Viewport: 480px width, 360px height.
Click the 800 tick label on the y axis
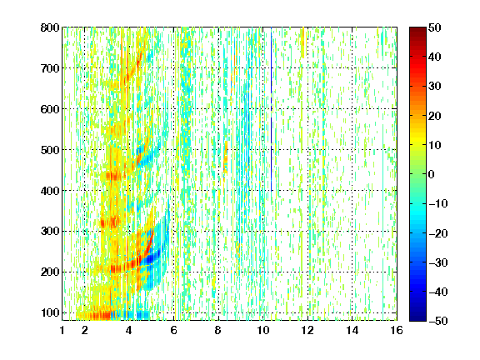50,27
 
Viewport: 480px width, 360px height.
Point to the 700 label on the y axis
50,68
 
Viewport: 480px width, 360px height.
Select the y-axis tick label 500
50,150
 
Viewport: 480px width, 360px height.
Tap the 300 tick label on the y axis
50,232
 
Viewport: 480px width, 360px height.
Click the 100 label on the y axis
50,312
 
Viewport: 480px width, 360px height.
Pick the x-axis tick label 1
62,330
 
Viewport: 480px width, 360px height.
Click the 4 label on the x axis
129,330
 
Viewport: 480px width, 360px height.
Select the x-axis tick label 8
218,330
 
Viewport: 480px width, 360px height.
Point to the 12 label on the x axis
307,330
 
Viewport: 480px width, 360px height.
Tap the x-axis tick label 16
397,330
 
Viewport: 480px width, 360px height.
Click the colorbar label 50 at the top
434,27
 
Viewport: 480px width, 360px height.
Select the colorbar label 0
432,174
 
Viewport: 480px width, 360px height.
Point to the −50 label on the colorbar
437,321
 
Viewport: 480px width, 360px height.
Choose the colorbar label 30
434,87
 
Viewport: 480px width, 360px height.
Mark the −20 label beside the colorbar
437,233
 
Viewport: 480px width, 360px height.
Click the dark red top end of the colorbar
417,29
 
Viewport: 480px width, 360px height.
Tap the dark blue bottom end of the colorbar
417,319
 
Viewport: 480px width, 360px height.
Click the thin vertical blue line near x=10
271,109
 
